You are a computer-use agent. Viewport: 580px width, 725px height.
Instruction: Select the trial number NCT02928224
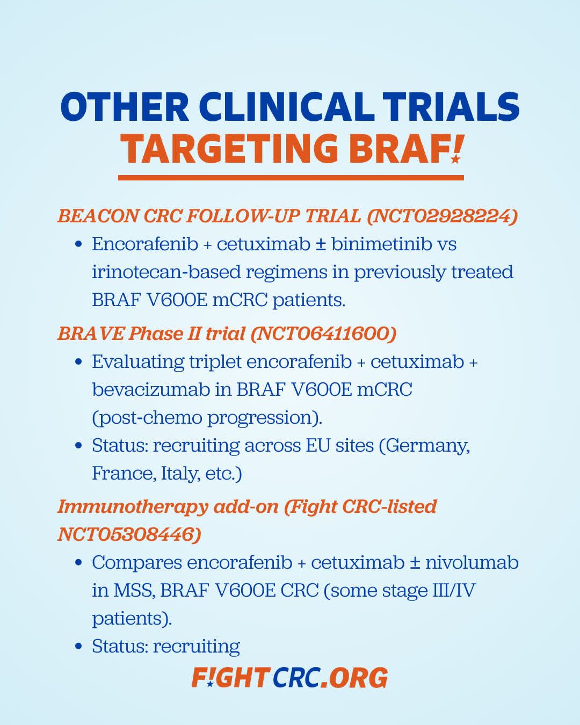[442, 216]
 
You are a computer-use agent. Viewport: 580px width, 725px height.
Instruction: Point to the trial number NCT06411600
[323, 334]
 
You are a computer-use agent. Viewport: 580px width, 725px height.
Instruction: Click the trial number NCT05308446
[129, 534]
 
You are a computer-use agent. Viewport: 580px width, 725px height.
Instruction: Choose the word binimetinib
[381, 244]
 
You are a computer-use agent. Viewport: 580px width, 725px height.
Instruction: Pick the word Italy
[182, 474]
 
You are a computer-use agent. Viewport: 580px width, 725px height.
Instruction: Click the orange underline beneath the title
[291, 178]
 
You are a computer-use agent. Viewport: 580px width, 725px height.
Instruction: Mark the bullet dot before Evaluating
[79, 362]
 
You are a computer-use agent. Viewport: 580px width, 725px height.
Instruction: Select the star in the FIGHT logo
[209, 683]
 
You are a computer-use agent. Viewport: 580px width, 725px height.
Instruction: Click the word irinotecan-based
[166, 272]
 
